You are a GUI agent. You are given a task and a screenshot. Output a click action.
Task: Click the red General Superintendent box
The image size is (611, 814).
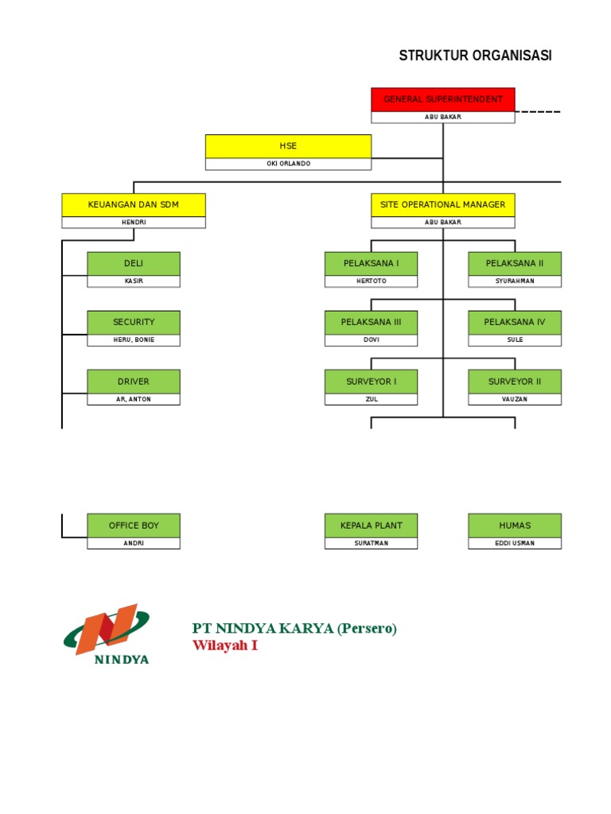(x=442, y=99)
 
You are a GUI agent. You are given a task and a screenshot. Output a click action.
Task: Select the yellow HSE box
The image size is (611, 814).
(x=288, y=146)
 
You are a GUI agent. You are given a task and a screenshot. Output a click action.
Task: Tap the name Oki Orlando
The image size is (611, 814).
(x=288, y=164)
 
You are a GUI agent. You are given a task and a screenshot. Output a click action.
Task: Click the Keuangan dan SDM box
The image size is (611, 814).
(x=134, y=204)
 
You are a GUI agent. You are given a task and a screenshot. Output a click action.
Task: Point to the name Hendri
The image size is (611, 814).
(x=134, y=223)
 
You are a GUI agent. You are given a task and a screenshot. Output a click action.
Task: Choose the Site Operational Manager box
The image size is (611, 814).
(x=442, y=204)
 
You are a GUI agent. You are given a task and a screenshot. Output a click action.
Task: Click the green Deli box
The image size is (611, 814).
(x=134, y=263)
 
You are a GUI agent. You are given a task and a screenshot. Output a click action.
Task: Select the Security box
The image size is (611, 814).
(x=134, y=322)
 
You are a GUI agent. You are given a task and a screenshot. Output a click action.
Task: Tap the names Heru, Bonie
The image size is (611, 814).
(x=134, y=340)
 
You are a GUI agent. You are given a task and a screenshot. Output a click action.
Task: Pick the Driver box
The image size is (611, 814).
(x=134, y=382)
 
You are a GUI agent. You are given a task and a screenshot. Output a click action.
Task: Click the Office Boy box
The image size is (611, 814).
(x=134, y=525)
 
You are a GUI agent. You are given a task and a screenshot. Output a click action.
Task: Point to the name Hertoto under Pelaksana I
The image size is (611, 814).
(x=371, y=281)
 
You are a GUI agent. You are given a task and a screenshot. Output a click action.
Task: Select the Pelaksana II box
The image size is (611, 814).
(x=515, y=263)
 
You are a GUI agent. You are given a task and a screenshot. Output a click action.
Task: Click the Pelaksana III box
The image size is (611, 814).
(x=371, y=322)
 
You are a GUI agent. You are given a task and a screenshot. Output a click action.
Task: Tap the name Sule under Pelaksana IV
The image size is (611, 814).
(x=515, y=340)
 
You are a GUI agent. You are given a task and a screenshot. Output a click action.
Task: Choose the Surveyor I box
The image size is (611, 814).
(x=371, y=382)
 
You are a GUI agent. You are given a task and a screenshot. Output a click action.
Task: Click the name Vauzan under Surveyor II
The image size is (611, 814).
(x=515, y=399)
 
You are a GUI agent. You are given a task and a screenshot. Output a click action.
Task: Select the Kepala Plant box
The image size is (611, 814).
(x=371, y=525)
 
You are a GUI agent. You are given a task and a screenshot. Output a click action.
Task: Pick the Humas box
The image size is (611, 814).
(x=515, y=525)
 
